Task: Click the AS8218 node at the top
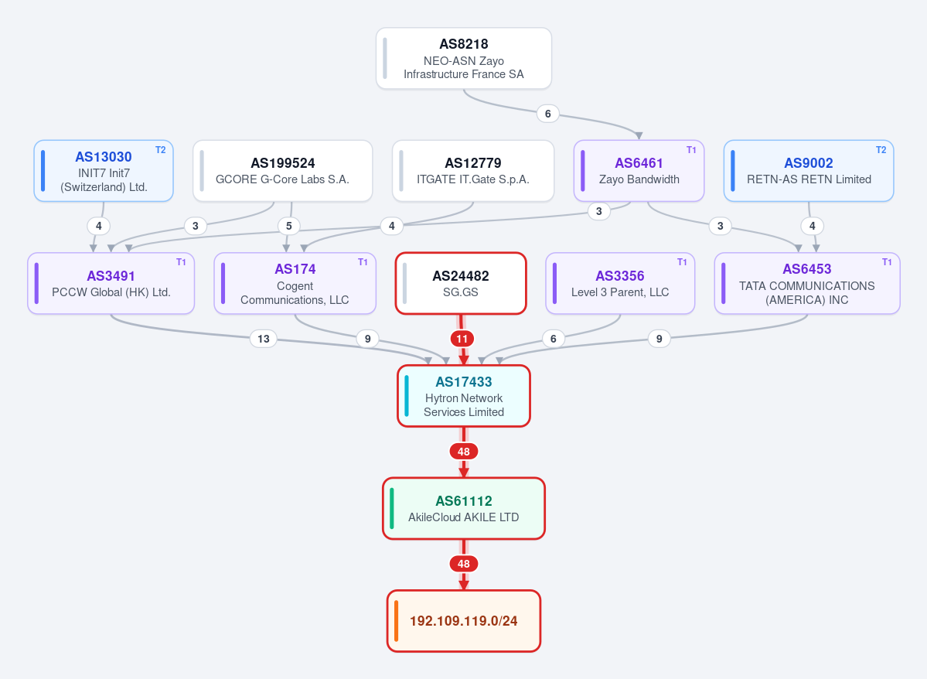tap(464, 59)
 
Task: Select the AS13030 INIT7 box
tap(104, 171)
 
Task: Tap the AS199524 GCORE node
tap(283, 171)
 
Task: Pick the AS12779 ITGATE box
tap(473, 171)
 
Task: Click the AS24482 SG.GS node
tap(461, 283)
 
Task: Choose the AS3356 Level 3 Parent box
tap(619, 283)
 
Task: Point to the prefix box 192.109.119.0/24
tap(464, 621)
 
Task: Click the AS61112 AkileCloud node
tap(464, 509)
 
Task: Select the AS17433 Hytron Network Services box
tap(464, 396)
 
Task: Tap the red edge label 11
tap(462, 339)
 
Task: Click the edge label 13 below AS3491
tap(264, 339)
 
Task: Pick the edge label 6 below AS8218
tap(548, 114)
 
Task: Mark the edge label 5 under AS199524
tap(289, 226)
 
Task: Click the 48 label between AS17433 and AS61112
tap(464, 452)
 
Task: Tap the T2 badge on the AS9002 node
tap(881, 149)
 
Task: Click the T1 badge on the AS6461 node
tap(691, 149)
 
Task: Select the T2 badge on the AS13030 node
tap(160, 149)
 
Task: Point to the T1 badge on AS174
tap(363, 262)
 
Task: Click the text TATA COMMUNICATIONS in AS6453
tap(807, 286)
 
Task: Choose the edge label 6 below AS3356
tap(554, 339)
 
